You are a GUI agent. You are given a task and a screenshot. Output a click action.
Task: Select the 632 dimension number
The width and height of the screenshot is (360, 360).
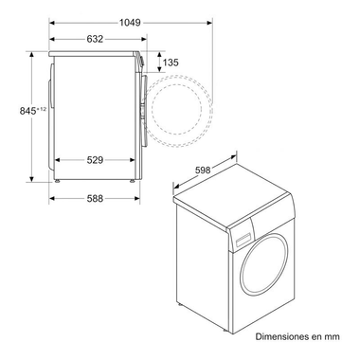(x=94, y=39)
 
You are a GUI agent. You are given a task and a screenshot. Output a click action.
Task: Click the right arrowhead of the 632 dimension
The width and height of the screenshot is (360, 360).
(x=141, y=39)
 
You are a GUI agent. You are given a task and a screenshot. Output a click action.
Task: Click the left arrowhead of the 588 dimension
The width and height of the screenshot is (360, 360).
(x=50, y=198)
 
